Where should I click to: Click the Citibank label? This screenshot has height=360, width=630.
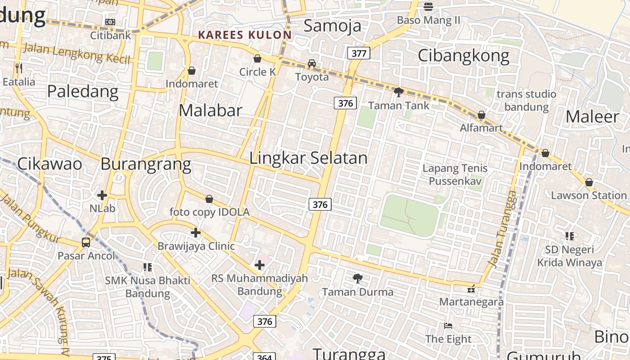pyautogui.click(x=111, y=35)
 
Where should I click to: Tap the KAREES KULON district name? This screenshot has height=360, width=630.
pyautogui.click(x=245, y=35)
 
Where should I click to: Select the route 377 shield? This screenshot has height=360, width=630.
pyautogui.click(x=359, y=54)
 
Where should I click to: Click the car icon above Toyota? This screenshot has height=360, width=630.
pyautogui.click(x=312, y=63)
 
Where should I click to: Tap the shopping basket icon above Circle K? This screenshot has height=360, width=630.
pyautogui.click(x=257, y=58)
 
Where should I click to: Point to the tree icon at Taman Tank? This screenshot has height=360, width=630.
pyautogui.click(x=398, y=92)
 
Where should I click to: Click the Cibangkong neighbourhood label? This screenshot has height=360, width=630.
pyautogui.click(x=463, y=56)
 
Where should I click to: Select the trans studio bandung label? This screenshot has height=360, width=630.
pyautogui.click(x=526, y=100)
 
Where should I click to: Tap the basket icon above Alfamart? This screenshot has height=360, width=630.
pyautogui.click(x=481, y=115)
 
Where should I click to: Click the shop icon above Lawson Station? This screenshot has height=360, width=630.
pyautogui.click(x=589, y=182)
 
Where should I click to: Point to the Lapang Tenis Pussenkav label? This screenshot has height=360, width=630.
pyautogui.click(x=455, y=175)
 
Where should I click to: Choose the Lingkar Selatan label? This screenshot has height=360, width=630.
pyautogui.click(x=308, y=158)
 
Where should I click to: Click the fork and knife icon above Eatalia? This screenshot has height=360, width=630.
pyautogui.click(x=19, y=68)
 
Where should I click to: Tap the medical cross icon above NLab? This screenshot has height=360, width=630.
pyautogui.click(x=102, y=195)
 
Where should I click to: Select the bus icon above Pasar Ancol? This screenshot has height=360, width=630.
pyautogui.click(x=86, y=243)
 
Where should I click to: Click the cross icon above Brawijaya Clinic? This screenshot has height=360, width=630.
pyautogui.click(x=196, y=233)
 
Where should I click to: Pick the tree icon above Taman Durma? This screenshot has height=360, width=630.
pyautogui.click(x=358, y=279)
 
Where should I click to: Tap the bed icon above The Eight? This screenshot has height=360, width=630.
pyautogui.click(x=448, y=325)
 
